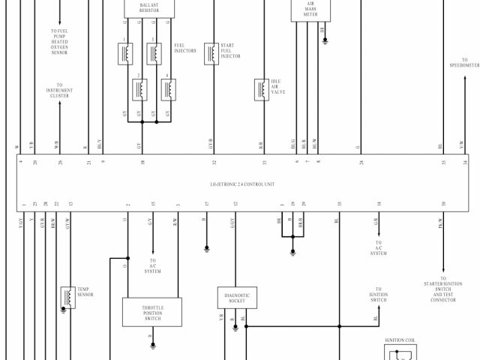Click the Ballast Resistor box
pyautogui.click(x=148, y=7)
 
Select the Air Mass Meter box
pyautogui.click(x=310, y=10)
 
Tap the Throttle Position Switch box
pyautogui.click(x=153, y=312)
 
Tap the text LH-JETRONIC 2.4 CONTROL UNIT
pyautogui.click(x=243, y=184)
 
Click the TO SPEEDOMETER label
pyautogui.click(x=464, y=63)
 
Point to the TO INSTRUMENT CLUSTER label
pyautogui.click(x=59, y=91)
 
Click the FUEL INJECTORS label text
pyautogui.click(x=185, y=48)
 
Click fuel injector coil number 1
pyautogui.click(x=125, y=53)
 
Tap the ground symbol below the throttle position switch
pyautogui.click(x=153, y=346)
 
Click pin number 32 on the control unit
pyautogui.click(x=214, y=162)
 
